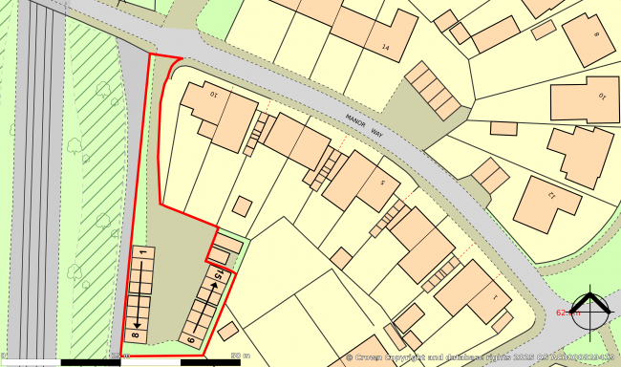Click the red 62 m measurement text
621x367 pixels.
pos(566,313)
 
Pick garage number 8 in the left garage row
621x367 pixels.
pos(136,335)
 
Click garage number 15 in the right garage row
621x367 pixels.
pos(220,276)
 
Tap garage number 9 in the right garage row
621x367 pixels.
pos(190,337)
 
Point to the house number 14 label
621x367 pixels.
pos(386,47)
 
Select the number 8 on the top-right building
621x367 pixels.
pos(596,35)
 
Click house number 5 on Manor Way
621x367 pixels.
pos(383,182)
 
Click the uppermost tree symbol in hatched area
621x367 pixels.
pos(103,91)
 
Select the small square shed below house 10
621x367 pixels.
pos(243,207)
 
